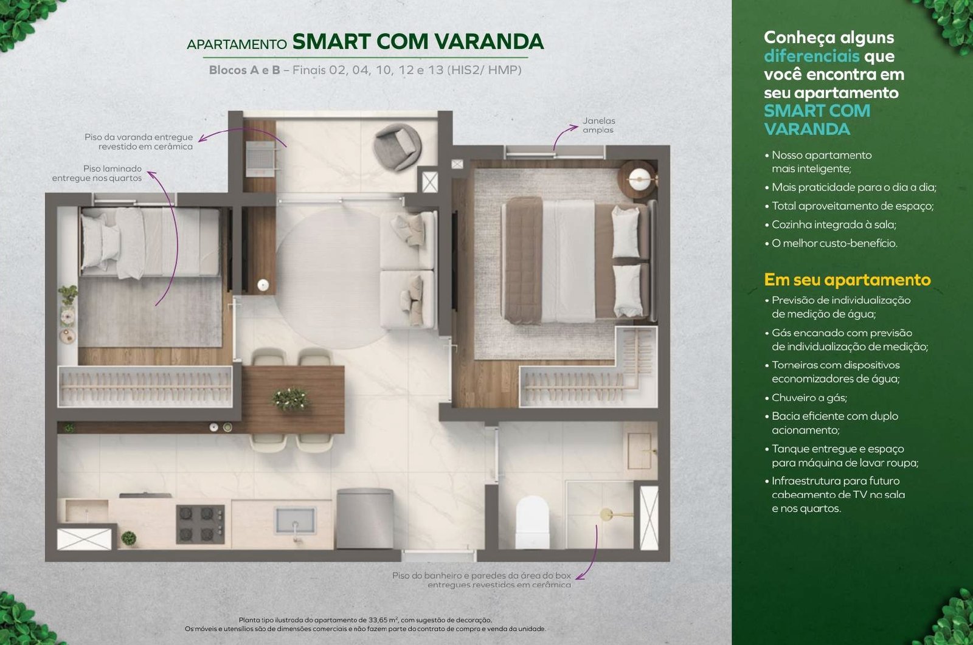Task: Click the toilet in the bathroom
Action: [532, 522]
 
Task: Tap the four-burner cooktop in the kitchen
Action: [200, 524]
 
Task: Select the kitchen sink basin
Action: [296, 521]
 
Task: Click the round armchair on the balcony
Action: [397, 147]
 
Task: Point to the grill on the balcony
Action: [261, 159]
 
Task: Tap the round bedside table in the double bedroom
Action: [638, 179]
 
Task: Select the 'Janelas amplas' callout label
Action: [598, 125]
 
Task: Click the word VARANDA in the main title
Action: [489, 42]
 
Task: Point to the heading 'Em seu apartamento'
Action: [847, 280]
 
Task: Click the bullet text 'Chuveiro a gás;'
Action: [809, 398]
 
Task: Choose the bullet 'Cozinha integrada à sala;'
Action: [834, 224]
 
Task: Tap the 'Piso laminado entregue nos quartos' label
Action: [97, 173]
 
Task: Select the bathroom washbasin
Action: [640, 451]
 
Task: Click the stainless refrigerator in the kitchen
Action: [365, 519]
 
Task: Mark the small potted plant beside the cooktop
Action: [128, 538]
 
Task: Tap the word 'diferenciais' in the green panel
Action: [812, 56]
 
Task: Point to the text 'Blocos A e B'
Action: [244, 70]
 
